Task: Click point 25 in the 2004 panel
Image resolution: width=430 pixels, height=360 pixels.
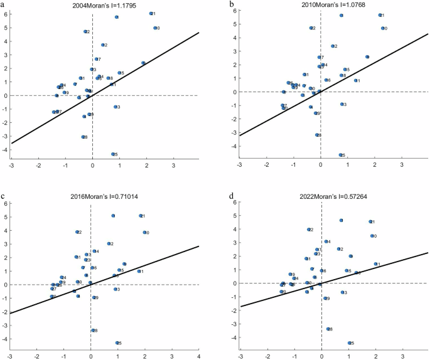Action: pyautogui.click(x=113, y=154)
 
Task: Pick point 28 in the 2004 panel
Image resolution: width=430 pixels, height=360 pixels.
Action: pyautogui.click(x=83, y=137)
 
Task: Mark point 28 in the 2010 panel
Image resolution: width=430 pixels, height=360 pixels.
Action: pyautogui.click(x=317, y=135)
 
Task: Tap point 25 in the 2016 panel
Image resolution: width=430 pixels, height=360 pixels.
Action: pyautogui.click(x=117, y=342)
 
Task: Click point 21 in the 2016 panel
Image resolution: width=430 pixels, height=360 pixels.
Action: pyautogui.click(x=141, y=216)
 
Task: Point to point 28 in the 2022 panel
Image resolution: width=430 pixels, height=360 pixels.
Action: pyautogui.click(x=328, y=329)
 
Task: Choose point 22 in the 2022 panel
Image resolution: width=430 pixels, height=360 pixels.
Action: pyautogui.click(x=309, y=230)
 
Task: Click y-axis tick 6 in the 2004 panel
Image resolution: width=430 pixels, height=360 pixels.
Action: pyautogui.click(x=6, y=14)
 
